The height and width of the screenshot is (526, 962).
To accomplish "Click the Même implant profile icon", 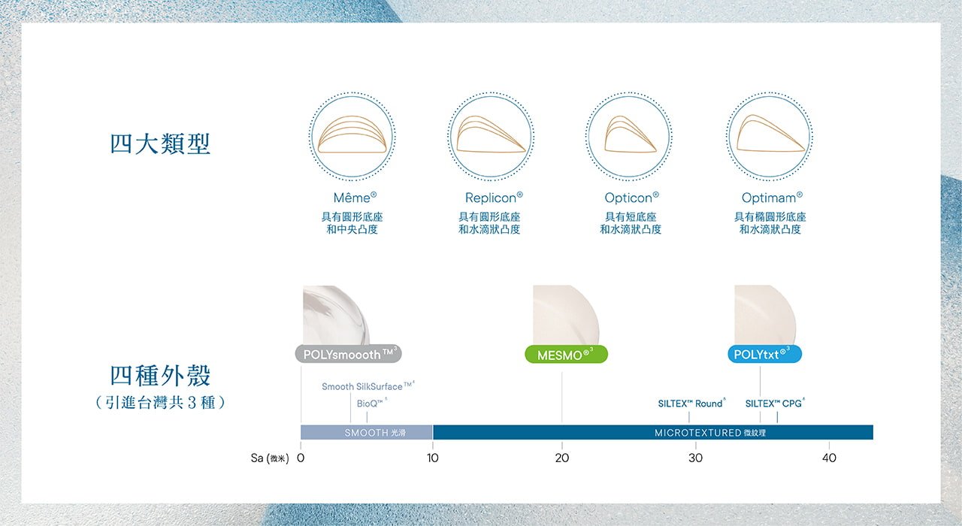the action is (x=352, y=136).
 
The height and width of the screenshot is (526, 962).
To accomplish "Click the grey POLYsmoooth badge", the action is (x=348, y=354).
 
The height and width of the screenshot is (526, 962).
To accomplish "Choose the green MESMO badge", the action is (x=566, y=355).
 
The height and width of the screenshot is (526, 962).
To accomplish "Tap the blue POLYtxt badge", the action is (x=764, y=354).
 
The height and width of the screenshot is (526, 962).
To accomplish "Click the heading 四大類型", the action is (x=160, y=144).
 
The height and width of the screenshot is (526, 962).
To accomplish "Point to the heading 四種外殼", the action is (x=160, y=375).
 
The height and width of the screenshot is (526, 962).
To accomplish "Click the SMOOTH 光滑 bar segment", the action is (x=366, y=432).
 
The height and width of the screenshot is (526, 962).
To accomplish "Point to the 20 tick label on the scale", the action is (x=561, y=458).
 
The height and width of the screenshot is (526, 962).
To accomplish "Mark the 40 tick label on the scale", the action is (x=829, y=458).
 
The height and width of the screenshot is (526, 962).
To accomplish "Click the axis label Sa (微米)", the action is (x=270, y=458).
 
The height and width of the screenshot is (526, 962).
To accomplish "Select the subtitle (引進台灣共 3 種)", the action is (x=160, y=403).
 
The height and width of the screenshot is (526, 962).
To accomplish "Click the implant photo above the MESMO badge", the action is (x=566, y=315).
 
